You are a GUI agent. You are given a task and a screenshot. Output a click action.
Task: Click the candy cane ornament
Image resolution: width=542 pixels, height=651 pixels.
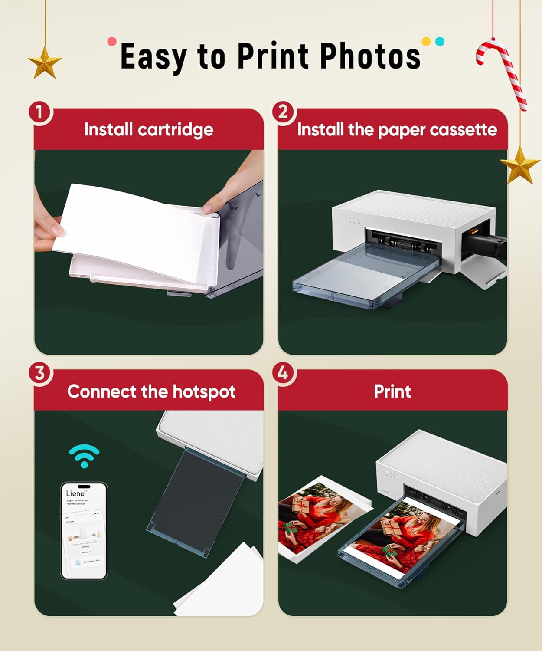point(503,72)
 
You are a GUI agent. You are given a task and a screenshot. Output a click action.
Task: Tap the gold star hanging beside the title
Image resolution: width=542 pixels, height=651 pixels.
point(45,63)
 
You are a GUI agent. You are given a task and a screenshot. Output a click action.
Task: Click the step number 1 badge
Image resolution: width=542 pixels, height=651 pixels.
point(40,113)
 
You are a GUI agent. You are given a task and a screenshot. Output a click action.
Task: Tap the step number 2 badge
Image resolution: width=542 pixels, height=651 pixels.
point(283,113)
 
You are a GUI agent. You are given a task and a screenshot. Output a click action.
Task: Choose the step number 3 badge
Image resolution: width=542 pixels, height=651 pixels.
point(40,373)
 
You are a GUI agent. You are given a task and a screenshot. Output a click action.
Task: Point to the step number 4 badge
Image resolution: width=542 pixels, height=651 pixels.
point(283,373)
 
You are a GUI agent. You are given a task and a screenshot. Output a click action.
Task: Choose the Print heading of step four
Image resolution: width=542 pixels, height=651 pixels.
point(392,391)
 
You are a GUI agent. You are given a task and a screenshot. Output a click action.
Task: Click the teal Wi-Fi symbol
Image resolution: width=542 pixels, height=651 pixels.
point(84,456)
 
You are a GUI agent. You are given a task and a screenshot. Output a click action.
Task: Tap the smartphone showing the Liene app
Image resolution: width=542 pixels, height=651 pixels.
point(84,531)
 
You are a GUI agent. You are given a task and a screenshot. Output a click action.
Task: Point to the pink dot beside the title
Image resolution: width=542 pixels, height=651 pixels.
point(112,42)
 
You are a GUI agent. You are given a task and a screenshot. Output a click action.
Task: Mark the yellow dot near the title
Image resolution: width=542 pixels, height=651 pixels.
point(426,42)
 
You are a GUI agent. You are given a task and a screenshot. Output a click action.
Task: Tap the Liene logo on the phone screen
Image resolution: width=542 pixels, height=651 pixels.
point(75,493)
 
